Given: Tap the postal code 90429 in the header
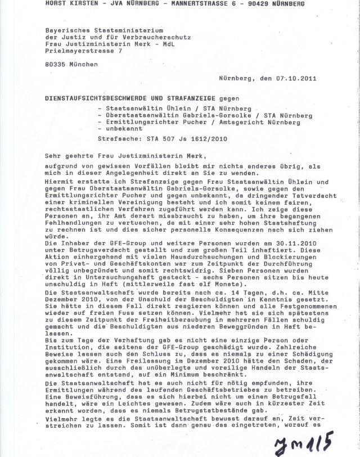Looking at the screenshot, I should [255, 3].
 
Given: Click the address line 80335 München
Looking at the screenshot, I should [71, 64].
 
